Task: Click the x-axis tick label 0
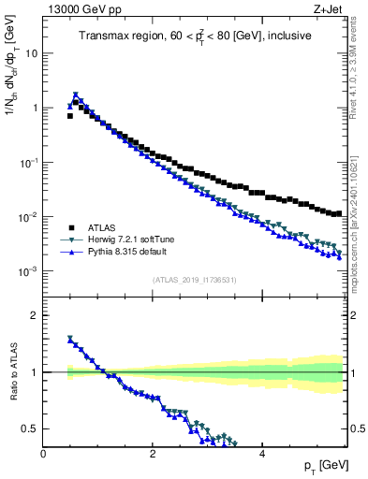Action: coord(43,453)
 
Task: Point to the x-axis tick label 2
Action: coord(152,453)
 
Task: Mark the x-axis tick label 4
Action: coord(261,453)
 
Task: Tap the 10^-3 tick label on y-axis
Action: coord(28,271)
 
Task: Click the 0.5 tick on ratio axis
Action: coord(30,428)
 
